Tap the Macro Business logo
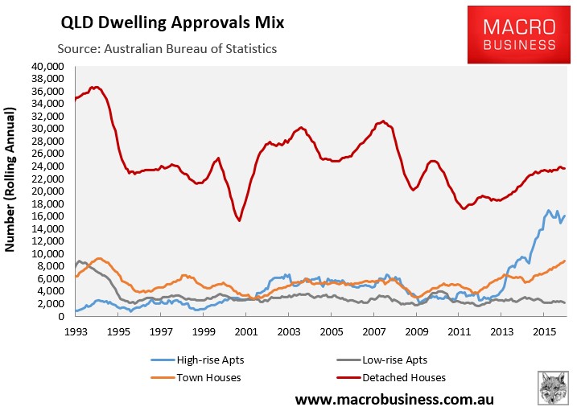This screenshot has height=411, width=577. click(513, 35)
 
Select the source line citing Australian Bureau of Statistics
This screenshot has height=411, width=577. click(166, 49)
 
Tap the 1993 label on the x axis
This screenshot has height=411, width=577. click(75, 331)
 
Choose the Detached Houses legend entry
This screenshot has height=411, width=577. click(406, 376)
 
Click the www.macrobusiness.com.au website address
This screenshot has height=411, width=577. click(394, 399)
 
